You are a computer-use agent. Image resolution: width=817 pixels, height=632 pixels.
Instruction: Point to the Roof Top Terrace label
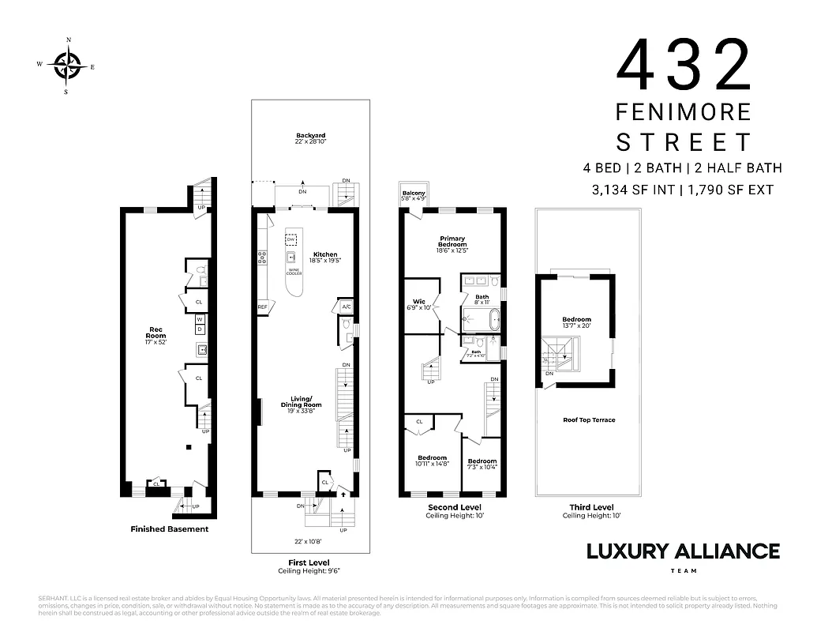pyautogui.click(x=588, y=420)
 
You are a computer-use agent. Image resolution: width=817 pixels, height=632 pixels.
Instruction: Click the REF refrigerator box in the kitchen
pyautogui.click(x=262, y=307)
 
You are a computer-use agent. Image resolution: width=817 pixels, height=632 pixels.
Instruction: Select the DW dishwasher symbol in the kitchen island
pyautogui.click(x=292, y=239)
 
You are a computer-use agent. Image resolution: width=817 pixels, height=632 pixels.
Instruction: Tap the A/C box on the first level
pyautogui.click(x=346, y=307)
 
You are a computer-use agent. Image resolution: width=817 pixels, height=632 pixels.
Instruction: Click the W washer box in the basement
pyautogui.click(x=200, y=319)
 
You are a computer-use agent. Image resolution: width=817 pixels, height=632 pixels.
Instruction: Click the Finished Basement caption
pyautogui.click(x=169, y=529)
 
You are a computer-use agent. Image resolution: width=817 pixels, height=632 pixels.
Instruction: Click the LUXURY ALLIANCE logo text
pyautogui.click(x=682, y=551)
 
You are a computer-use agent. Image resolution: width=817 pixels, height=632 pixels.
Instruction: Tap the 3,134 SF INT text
pyautogui.click(x=629, y=190)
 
